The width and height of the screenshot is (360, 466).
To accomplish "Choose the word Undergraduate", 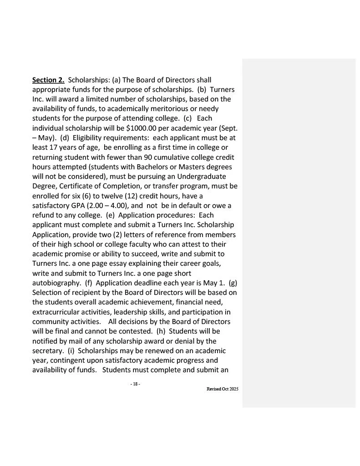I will (x=200, y=176).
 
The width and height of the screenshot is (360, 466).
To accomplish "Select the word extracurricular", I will (x=58, y=312).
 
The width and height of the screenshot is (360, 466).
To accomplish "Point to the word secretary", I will (x=47, y=350).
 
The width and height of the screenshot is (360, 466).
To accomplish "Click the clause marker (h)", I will (x=161, y=331).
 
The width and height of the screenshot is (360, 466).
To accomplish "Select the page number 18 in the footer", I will (x=135, y=384).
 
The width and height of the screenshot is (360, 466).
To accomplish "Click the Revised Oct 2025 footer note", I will (x=222, y=389).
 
